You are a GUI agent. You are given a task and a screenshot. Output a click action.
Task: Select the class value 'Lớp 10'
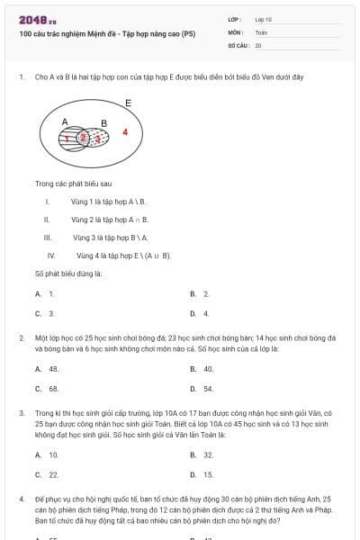(264, 18)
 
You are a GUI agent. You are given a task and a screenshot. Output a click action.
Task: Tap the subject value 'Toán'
(261, 31)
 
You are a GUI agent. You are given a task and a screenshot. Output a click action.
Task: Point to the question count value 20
(258, 45)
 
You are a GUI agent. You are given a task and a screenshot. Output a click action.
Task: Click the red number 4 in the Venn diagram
(125, 132)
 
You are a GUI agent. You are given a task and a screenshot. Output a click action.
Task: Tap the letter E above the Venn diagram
(128, 103)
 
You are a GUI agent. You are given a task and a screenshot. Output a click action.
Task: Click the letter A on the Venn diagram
(65, 121)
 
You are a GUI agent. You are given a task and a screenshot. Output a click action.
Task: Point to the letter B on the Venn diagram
(103, 123)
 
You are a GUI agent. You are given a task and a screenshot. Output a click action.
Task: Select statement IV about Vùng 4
(121, 256)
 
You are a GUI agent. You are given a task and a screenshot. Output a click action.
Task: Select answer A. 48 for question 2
(48, 369)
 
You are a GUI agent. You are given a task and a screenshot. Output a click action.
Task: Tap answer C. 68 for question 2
(48, 389)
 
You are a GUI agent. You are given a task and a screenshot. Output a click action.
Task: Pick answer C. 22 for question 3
(48, 474)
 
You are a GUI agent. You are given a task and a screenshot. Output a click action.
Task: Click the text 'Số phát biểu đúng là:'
(68, 273)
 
